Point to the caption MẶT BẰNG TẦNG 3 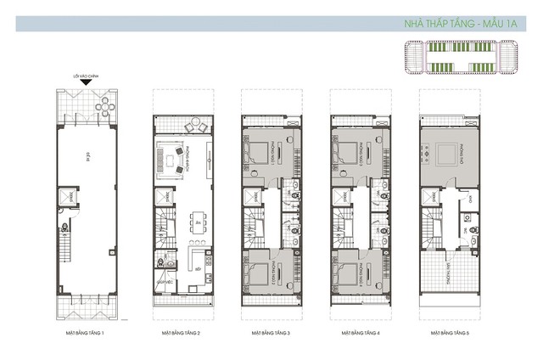tap(271, 334)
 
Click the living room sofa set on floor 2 tap(175, 159)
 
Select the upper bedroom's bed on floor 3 tap(255, 153)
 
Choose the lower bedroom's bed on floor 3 tap(255, 273)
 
